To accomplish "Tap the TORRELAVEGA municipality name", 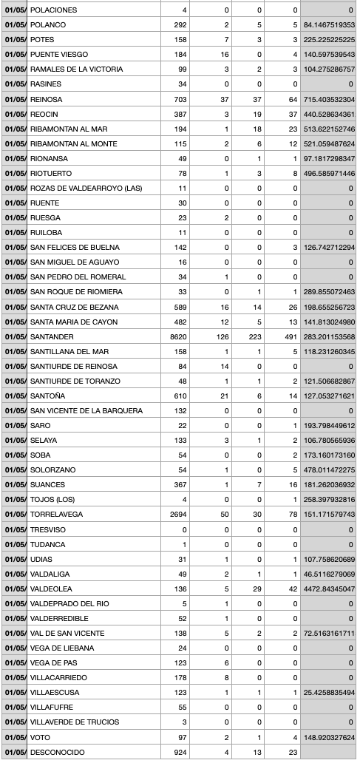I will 56,515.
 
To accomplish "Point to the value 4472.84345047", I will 329,589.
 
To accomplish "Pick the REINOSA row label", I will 46,99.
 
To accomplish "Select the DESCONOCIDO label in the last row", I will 57,752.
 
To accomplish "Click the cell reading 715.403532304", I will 329,99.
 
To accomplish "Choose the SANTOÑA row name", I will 47,396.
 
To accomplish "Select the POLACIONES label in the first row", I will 53,10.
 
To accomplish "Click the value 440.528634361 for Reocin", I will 329,114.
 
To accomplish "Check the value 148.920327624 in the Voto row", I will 329,737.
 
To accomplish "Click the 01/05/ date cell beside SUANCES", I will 15,485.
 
